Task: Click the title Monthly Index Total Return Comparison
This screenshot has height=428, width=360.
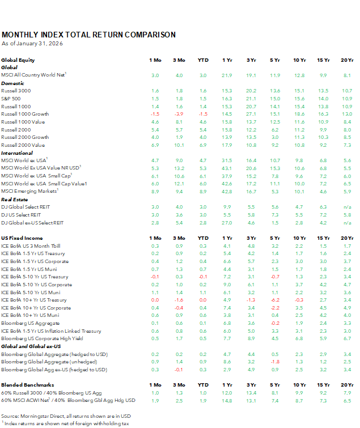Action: click(88, 35)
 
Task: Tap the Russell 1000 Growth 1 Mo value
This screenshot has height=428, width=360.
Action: click(155, 114)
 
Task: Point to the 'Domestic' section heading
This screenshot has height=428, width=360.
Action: click(12, 83)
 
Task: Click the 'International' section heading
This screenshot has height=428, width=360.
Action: click(16, 152)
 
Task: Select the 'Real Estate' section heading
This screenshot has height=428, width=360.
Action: click(15, 200)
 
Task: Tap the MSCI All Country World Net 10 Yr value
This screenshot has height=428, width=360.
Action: click(300, 75)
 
